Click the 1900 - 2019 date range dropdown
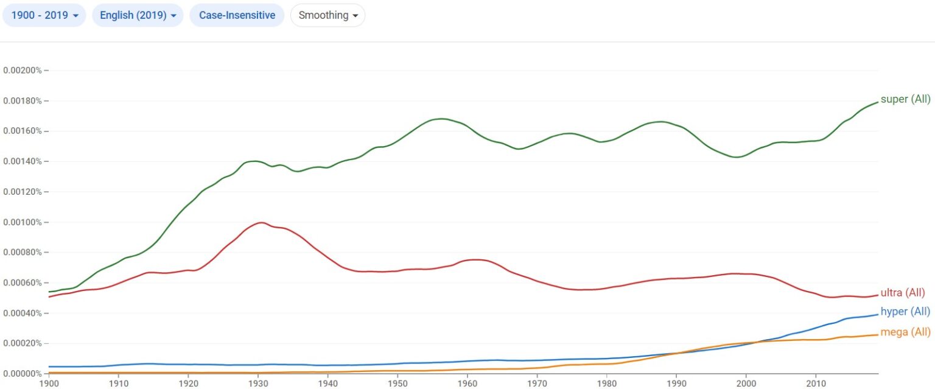click(x=44, y=15)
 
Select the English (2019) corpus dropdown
click(x=138, y=15)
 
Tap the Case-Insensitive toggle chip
click(x=237, y=15)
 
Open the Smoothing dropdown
click(x=327, y=15)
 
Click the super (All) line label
click(x=905, y=99)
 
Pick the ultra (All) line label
click(x=903, y=293)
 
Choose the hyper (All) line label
click(x=905, y=312)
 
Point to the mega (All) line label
click(x=905, y=332)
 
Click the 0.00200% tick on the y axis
click(x=23, y=71)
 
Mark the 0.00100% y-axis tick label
click(x=23, y=222)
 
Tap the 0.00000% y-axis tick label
click(x=23, y=373)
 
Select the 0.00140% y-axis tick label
click(x=23, y=161)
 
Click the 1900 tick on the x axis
click(x=49, y=384)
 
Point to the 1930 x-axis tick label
click(x=258, y=384)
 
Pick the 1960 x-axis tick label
click(x=467, y=384)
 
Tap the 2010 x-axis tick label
click(x=816, y=384)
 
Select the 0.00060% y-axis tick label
click(x=23, y=282)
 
